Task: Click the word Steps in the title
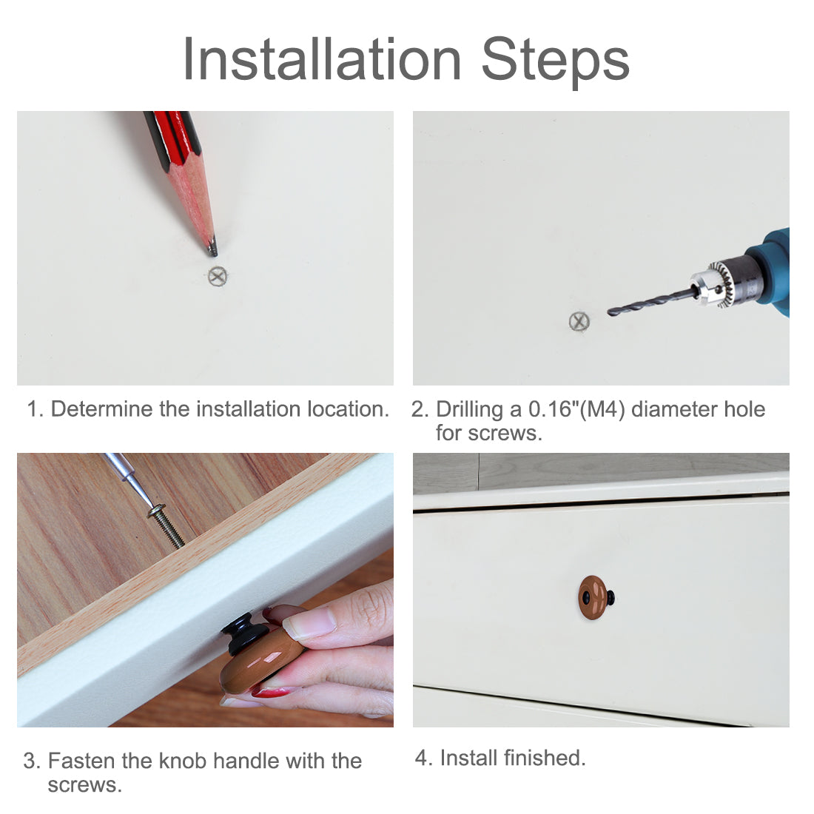(556, 62)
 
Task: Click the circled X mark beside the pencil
(218, 276)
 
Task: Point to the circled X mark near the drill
(579, 322)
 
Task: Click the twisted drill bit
(652, 302)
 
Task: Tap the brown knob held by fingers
(260, 661)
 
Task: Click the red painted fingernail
(270, 691)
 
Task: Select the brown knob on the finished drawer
(593, 597)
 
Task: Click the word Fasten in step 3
(81, 761)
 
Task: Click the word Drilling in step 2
(469, 410)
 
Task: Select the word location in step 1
(348, 409)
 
